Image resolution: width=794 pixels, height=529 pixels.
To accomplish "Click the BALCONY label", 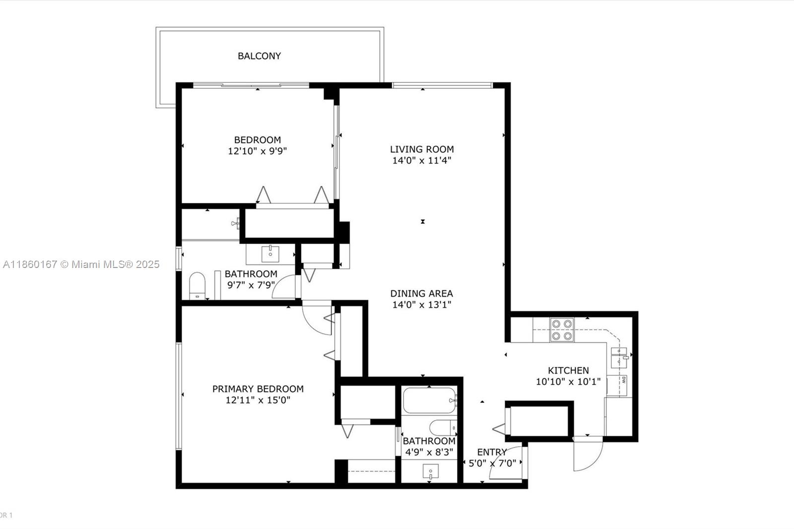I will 259,56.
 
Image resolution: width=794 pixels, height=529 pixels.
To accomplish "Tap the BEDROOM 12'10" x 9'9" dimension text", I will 257,151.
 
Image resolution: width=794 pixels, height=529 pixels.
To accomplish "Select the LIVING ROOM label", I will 422,149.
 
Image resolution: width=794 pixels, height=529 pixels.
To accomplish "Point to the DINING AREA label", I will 421,293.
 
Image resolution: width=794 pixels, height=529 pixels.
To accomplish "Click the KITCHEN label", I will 568,370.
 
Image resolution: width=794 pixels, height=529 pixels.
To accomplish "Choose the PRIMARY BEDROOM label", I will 258,389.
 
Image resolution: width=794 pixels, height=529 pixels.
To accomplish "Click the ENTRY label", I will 492,452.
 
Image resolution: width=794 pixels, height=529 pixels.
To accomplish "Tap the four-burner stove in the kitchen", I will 562,330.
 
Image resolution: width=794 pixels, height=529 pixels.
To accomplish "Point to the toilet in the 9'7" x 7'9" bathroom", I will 197,286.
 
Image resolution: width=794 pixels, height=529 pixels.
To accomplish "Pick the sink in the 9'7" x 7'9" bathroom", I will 270,254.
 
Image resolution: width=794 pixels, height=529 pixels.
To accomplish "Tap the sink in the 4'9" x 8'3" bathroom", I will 430,471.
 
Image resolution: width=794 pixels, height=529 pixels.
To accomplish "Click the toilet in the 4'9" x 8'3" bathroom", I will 443,427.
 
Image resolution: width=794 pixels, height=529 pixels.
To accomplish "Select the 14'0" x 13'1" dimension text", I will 421,305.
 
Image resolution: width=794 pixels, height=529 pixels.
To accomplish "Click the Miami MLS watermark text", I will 81,264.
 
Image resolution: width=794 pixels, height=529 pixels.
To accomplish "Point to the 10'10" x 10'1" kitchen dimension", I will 568,382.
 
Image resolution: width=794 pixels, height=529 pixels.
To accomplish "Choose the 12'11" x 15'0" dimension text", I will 258,400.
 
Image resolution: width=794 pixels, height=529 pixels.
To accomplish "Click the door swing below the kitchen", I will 588,454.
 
